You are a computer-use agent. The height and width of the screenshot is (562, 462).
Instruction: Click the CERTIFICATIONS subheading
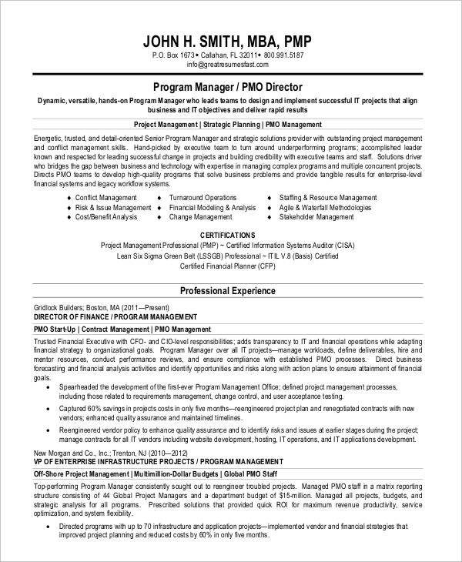point(227,233)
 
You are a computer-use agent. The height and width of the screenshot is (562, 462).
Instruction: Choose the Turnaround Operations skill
point(203,197)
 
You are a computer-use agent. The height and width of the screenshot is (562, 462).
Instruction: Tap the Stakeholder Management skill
point(316,217)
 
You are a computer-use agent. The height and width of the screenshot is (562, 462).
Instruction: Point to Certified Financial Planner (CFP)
point(227,266)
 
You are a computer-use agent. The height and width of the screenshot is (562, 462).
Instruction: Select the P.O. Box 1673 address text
point(172,55)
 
